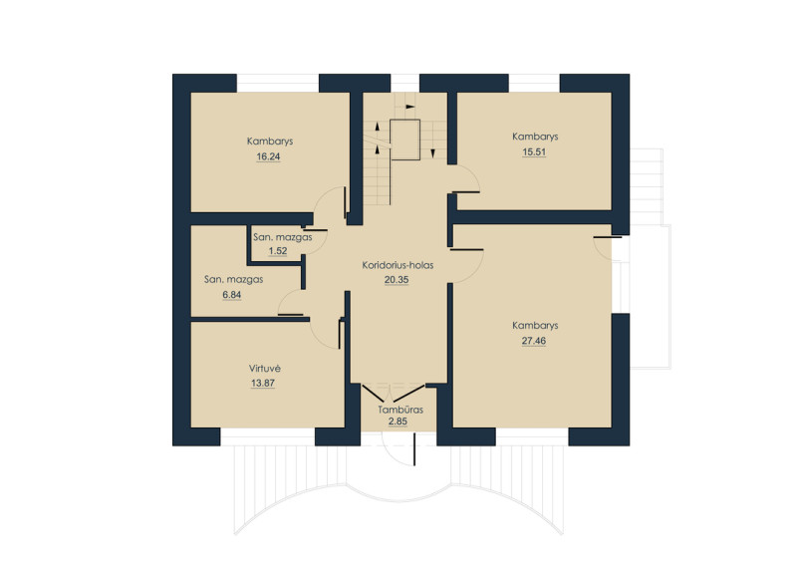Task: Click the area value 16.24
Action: [x=268, y=156]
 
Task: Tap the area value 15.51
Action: [x=534, y=152]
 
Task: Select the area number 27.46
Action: [x=534, y=341]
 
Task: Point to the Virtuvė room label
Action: [x=265, y=369]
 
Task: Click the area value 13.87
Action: [x=263, y=383]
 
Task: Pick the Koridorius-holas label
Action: [x=398, y=265]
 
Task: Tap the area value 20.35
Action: [x=397, y=280]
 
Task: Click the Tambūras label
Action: [x=401, y=410]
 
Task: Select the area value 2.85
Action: [x=398, y=422]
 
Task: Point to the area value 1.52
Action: [x=278, y=251]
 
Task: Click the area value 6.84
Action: [x=231, y=295]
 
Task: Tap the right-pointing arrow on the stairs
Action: [x=410, y=107]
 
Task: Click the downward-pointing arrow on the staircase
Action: [x=432, y=152]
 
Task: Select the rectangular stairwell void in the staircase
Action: [x=405, y=140]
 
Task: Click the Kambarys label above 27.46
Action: [x=535, y=326]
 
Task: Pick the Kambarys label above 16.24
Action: [x=270, y=142]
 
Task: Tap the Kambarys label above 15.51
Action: [x=535, y=137]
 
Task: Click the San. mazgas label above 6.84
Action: [x=233, y=280]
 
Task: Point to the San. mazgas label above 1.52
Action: [x=283, y=237]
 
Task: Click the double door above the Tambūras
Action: [x=394, y=392]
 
